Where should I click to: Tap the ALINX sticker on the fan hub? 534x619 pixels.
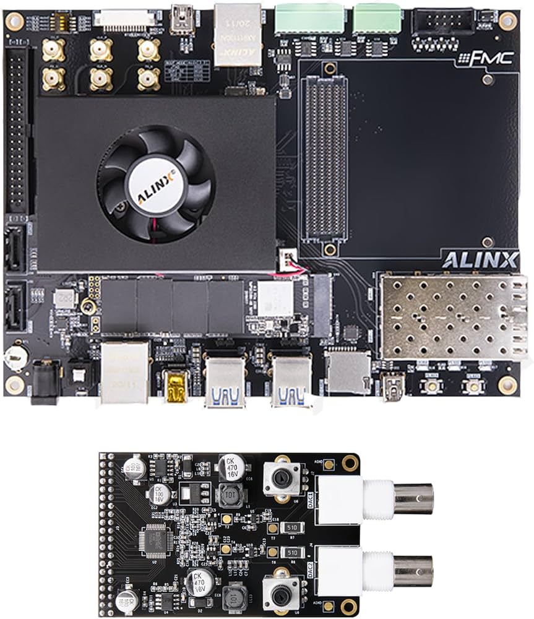[155, 184]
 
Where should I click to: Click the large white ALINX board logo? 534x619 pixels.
[480, 260]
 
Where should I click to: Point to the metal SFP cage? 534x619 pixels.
[452, 317]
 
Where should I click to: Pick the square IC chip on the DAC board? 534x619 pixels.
[157, 540]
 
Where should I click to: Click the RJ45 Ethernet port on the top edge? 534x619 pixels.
[238, 34]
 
